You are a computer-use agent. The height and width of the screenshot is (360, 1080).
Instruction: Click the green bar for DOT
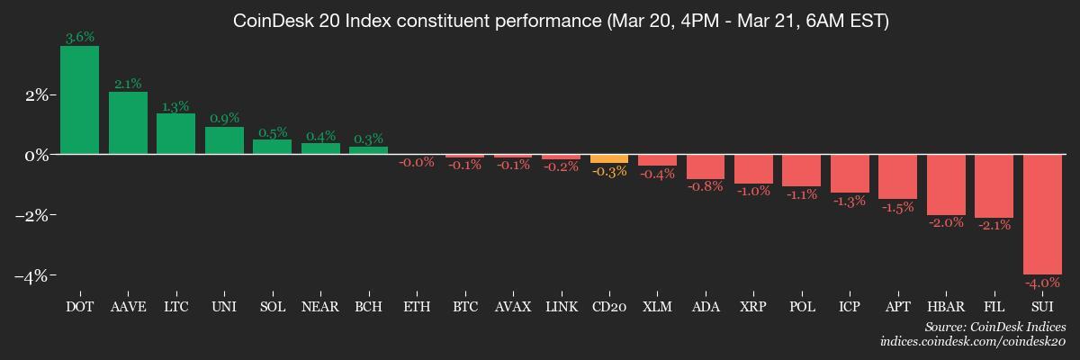pyautogui.click(x=79, y=100)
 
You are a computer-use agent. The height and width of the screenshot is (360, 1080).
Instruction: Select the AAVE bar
pyautogui.click(x=128, y=123)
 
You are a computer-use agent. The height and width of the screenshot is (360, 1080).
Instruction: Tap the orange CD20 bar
pyautogui.click(x=609, y=158)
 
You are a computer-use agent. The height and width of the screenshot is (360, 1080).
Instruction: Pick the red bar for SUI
pyautogui.click(x=1042, y=214)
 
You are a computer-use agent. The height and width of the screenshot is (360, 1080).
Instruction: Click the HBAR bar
pyautogui.click(x=946, y=184)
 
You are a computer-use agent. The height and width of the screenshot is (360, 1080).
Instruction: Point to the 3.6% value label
pyautogui.click(x=79, y=37)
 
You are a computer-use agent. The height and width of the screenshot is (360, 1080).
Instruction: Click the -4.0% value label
pyautogui.click(x=1042, y=283)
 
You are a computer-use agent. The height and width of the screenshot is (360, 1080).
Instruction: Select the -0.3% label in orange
pyautogui.click(x=609, y=172)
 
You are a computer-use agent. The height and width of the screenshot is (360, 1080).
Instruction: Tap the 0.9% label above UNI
pyautogui.click(x=224, y=118)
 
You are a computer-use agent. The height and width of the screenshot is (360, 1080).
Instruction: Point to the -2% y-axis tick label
pyautogui.click(x=31, y=215)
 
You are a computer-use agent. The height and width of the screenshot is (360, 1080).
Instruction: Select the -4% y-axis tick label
pyautogui.click(x=31, y=276)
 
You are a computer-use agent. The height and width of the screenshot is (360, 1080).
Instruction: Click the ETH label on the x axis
pyautogui.click(x=417, y=307)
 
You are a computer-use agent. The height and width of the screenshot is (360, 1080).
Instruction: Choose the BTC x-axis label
pyautogui.click(x=464, y=307)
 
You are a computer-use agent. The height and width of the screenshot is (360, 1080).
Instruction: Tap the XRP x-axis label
pyautogui.click(x=753, y=307)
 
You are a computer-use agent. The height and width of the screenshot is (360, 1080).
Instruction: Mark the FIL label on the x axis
pyautogui.click(x=994, y=307)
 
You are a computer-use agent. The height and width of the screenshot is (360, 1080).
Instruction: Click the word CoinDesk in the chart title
pyautogui.click(x=273, y=22)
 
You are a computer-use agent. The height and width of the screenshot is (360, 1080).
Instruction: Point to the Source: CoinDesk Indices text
pyautogui.click(x=995, y=327)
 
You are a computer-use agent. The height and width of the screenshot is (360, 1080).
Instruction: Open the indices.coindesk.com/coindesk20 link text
pyautogui.click(x=973, y=342)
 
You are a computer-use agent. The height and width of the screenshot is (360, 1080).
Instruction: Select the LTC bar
pyautogui.click(x=176, y=134)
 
